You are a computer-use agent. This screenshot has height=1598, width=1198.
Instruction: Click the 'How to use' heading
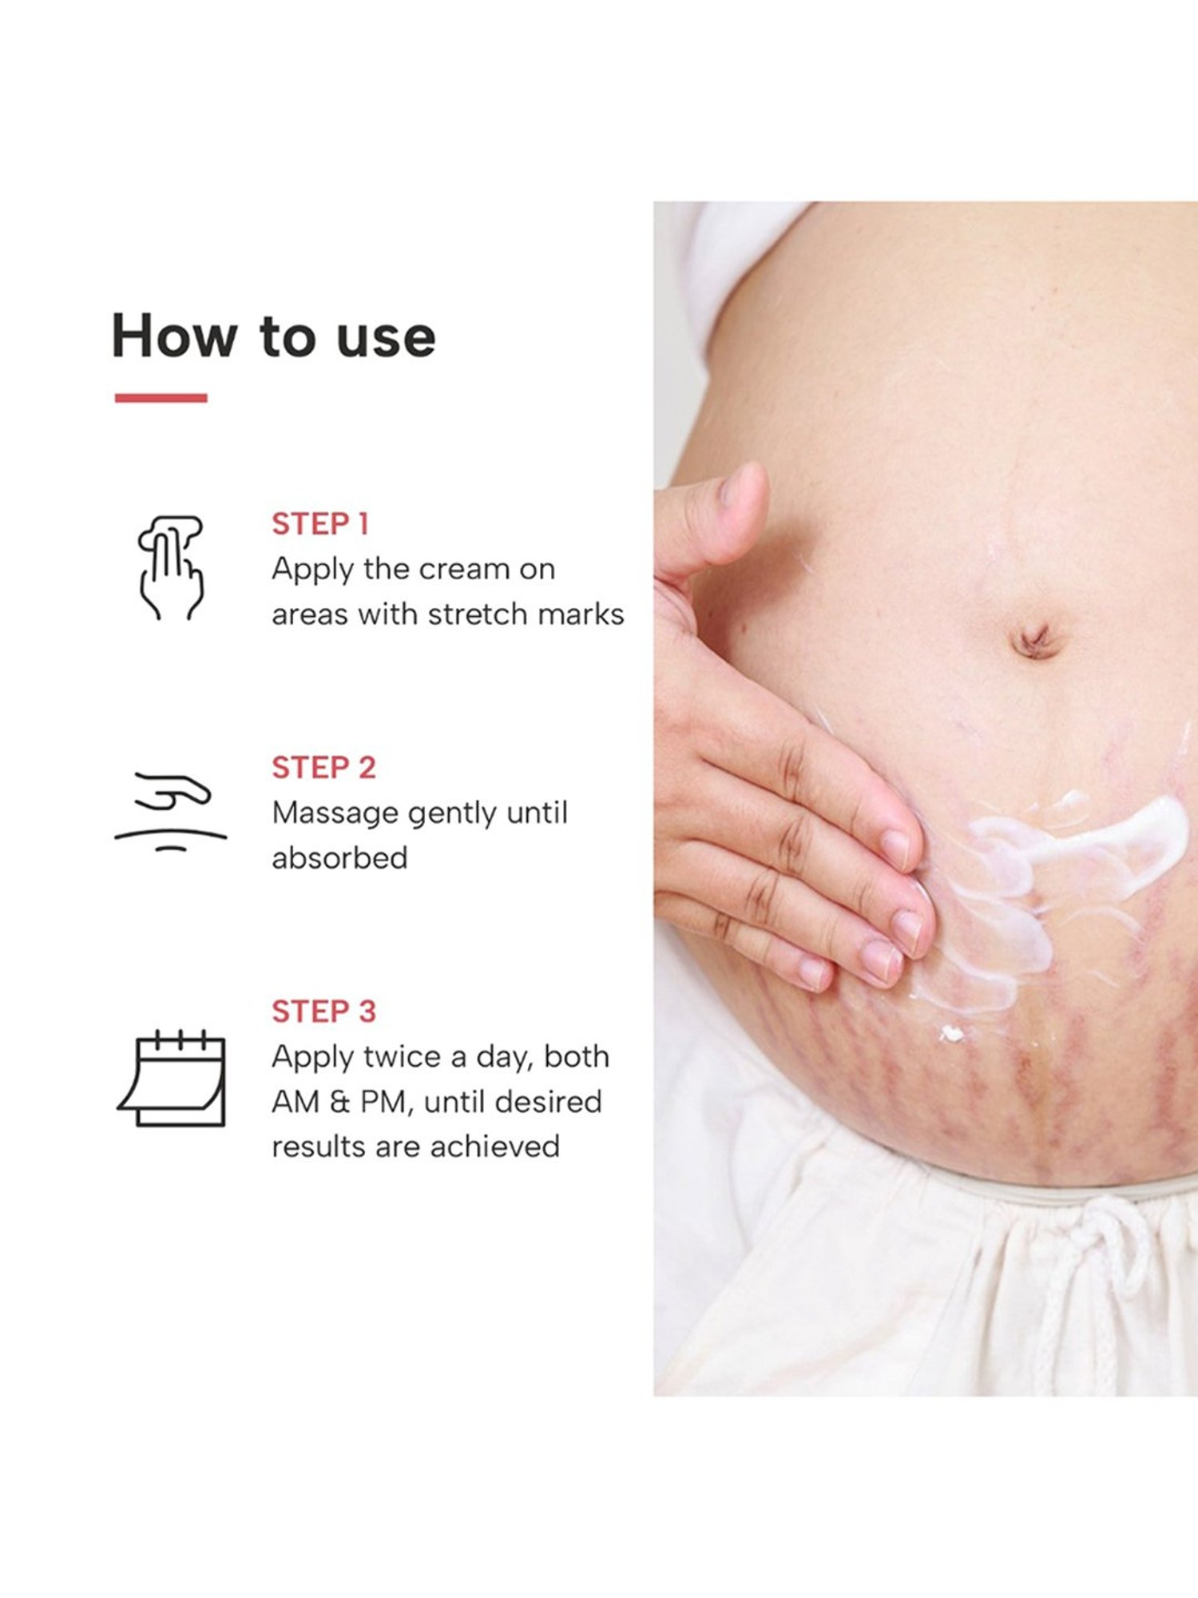click(x=273, y=336)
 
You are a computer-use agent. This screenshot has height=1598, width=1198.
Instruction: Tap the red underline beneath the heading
click(x=161, y=398)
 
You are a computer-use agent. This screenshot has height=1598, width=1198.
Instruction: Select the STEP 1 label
click(x=319, y=524)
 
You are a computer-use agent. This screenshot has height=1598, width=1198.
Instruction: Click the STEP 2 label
click(x=323, y=767)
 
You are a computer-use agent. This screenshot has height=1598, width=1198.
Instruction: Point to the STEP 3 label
click(x=323, y=1011)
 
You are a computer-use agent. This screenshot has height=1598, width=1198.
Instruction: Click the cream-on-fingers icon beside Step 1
click(x=170, y=567)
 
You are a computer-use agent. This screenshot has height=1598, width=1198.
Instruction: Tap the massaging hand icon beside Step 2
click(x=171, y=810)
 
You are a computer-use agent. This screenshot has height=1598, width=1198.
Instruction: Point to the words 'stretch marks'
click(x=526, y=614)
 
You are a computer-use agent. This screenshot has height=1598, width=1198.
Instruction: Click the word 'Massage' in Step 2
click(x=335, y=813)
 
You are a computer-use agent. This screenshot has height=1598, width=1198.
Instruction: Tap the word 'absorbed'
click(x=339, y=858)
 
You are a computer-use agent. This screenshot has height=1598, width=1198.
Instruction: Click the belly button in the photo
click(x=1035, y=639)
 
